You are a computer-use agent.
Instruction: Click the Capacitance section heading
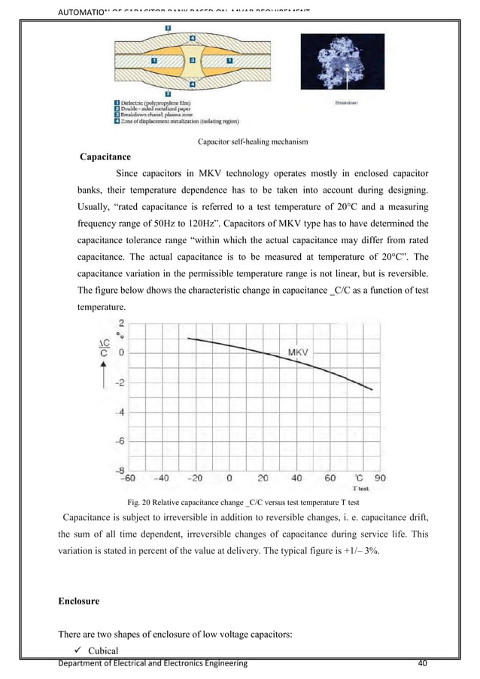click(x=106, y=158)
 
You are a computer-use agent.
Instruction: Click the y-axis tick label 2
click(x=122, y=323)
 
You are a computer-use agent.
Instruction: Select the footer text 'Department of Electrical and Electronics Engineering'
click(x=154, y=662)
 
